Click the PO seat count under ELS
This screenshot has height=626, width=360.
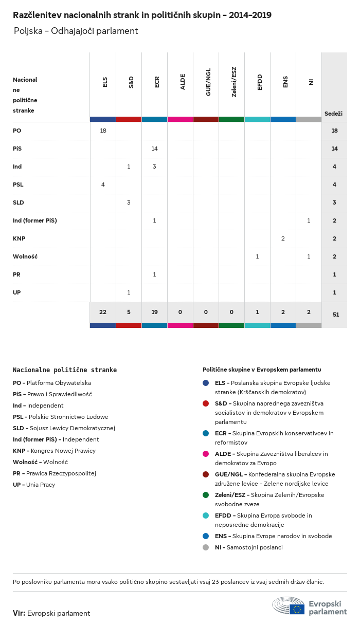pos(103,131)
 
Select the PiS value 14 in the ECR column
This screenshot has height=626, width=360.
pos(154,149)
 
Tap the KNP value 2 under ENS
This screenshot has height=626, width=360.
pos(283,238)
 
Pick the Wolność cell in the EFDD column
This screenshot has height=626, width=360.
pos(257,256)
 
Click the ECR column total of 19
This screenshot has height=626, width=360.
pos(154,312)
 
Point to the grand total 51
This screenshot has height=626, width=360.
pos(334,314)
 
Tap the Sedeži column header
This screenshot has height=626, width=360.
pos(333,113)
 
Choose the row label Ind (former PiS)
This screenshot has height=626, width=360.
pos(34,220)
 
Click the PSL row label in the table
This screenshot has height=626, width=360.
pos(18,185)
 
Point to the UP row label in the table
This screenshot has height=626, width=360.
pos(17,292)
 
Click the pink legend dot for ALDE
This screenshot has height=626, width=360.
pos(206,454)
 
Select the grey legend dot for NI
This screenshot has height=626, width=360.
pos(206,547)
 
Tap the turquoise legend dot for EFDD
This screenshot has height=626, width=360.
pos(206,515)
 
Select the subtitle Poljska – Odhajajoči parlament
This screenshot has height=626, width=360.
pos(76,31)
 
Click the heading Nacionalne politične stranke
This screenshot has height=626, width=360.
pos(65,370)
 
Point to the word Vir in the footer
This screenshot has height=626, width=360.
pos(19,613)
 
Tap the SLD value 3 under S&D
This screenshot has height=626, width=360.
pos(129,202)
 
